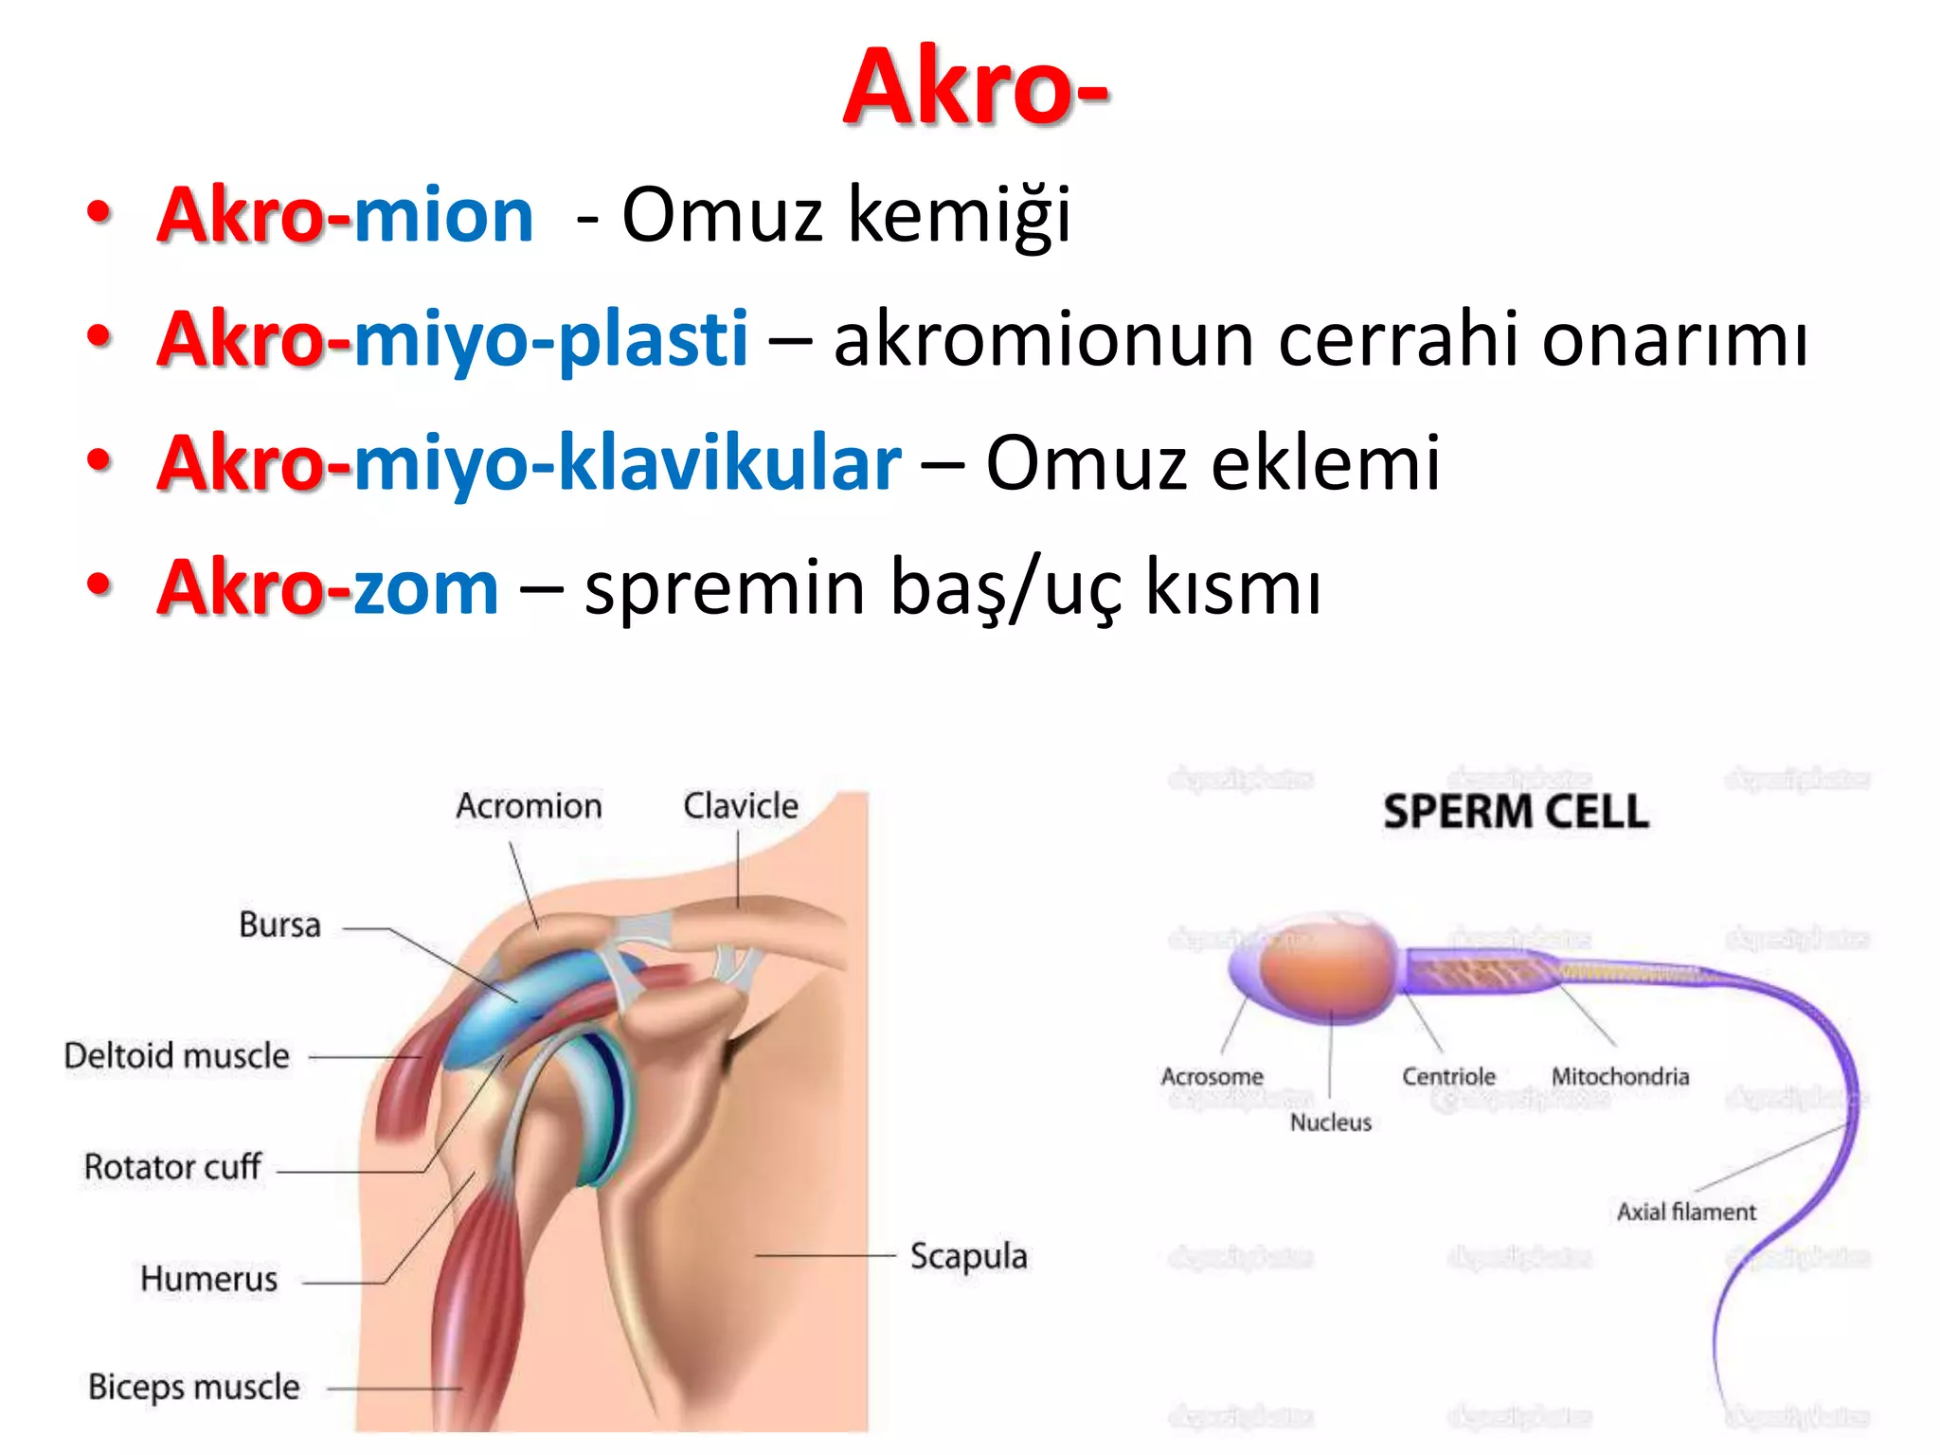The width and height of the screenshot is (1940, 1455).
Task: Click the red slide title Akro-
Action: tap(976, 87)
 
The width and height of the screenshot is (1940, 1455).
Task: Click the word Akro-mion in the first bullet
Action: tap(346, 215)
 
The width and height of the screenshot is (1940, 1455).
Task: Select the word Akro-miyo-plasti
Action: tap(453, 339)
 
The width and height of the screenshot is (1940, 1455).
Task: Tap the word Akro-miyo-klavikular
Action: tap(530, 463)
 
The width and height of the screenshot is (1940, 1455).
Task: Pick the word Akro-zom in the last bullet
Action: tap(328, 587)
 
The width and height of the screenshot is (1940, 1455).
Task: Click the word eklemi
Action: tap(1326, 463)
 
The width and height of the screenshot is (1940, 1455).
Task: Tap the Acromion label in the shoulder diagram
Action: tap(529, 806)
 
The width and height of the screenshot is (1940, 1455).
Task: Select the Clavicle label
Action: tap(741, 806)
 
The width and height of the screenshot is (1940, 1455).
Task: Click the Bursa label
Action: tap(279, 925)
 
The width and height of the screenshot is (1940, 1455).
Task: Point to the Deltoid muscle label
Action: tap(177, 1055)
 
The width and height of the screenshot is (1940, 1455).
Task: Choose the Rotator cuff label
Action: tap(172, 1167)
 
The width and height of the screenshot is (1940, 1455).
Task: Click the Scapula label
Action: tap(968, 1256)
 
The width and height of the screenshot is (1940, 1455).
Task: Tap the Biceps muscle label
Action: tap(194, 1387)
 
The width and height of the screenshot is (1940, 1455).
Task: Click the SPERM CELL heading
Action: tap(1516, 813)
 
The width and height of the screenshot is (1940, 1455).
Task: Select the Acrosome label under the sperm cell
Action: tap(1212, 1077)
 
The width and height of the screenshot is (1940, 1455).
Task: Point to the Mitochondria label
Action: tap(1620, 1077)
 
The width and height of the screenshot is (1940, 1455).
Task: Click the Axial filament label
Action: tap(1686, 1212)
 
